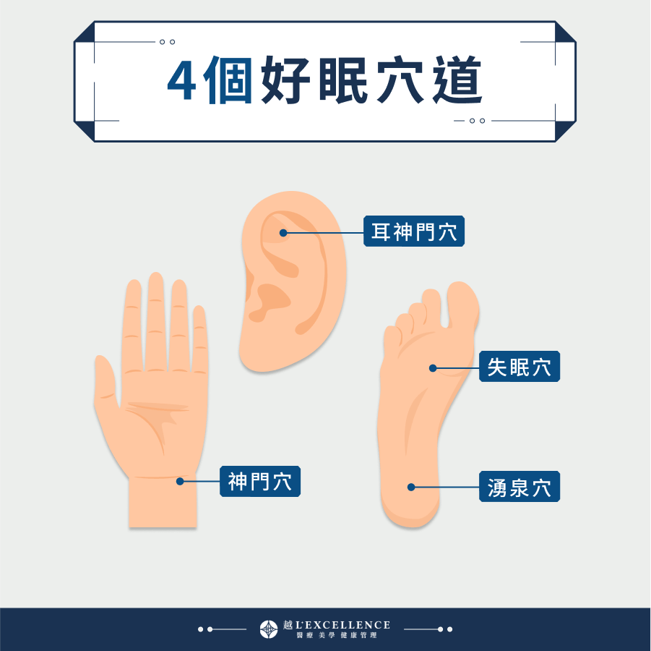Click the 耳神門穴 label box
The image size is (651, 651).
tap(413, 232)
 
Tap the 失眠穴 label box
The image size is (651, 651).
tap(519, 367)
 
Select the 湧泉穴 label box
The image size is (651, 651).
tap(519, 487)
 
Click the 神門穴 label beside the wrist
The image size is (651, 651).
tap(259, 481)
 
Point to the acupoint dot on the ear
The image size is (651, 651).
tap(283, 233)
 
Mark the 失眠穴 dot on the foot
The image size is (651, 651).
tap(433, 368)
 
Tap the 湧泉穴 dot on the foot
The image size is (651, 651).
tap(411, 487)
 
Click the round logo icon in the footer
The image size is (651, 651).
tap(269, 629)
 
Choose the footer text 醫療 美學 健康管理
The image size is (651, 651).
tap(336, 636)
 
